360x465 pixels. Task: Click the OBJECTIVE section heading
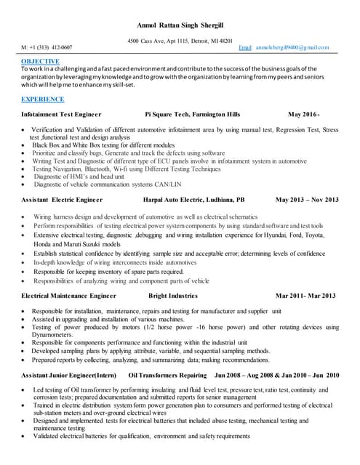[41, 62]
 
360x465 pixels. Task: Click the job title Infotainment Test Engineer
[62, 115]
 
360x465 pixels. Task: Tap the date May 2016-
[304, 115]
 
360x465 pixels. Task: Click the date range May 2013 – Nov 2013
[307, 199]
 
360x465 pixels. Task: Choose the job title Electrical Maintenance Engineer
[69, 296]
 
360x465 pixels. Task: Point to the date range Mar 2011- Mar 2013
[305, 296]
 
